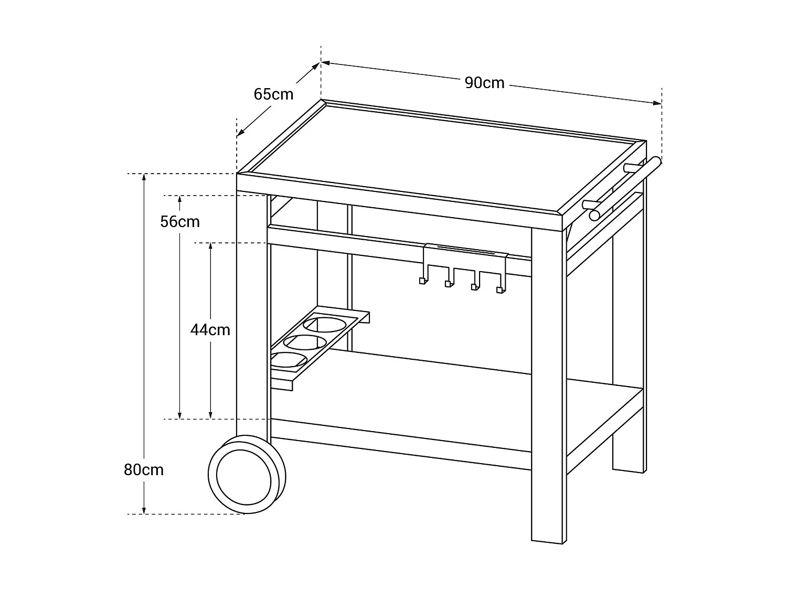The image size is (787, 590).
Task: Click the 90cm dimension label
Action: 484,83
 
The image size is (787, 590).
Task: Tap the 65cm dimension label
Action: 273,94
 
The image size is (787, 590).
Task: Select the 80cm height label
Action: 144,469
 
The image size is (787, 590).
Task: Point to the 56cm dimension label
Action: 180,222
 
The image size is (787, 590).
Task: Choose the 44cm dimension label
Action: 210,329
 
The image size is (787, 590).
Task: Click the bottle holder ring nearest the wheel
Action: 289,360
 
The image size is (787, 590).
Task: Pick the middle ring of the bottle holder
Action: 305,342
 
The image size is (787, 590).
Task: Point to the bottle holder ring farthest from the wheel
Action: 325,325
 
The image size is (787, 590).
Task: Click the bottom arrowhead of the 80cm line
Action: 144,510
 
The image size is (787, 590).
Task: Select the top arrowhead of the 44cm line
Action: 210,247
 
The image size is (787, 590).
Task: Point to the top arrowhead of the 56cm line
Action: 179,199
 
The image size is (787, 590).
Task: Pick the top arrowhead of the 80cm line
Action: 144,178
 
